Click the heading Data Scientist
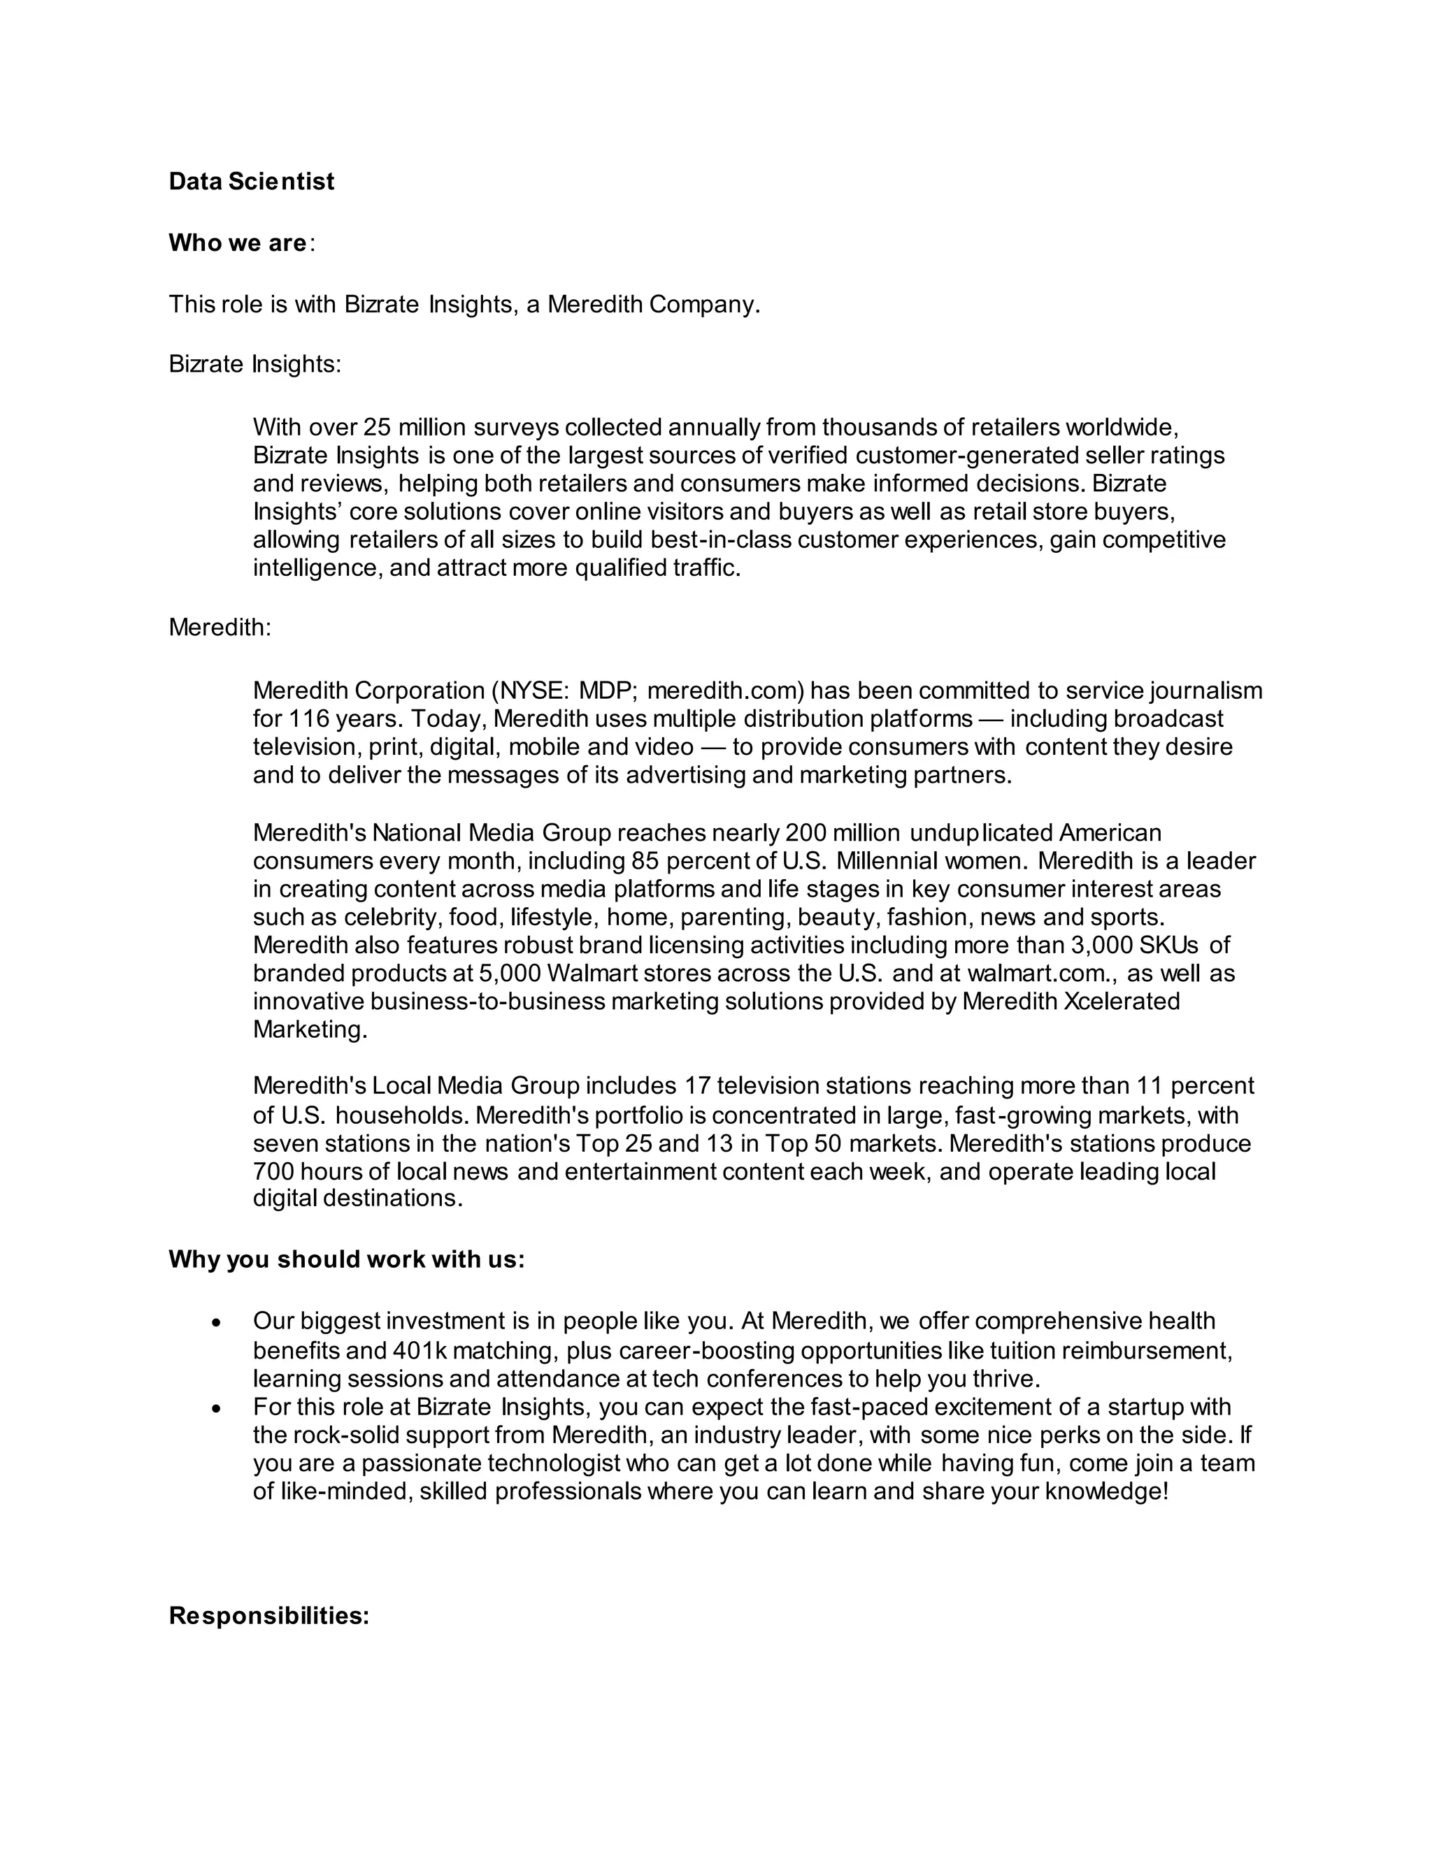(251, 182)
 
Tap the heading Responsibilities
(269, 1615)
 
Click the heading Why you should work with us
(346, 1259)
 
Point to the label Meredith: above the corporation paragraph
(220, 628)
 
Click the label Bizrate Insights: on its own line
(255, 364)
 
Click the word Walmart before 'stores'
(594, 974)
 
